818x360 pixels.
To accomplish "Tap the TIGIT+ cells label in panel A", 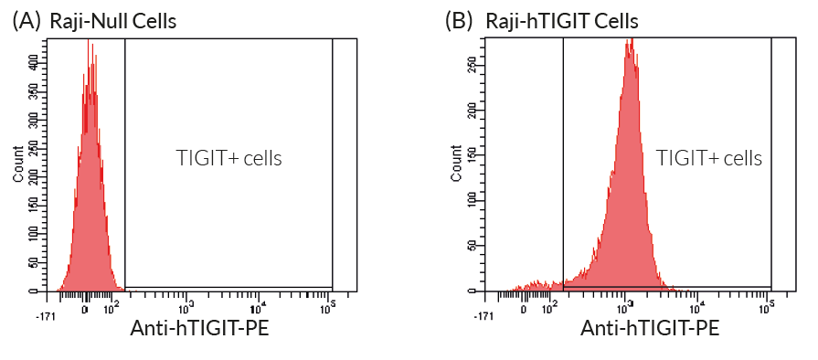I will pos(228,157).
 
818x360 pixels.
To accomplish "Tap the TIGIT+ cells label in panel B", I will pos(709,157).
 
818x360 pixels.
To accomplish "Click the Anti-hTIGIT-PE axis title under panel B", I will pos(650,327).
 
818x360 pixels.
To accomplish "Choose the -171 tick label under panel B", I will pos(485,315).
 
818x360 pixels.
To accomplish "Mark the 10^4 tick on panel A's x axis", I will pos(259,303).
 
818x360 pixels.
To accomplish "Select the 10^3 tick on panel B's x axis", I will pos(625,303).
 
